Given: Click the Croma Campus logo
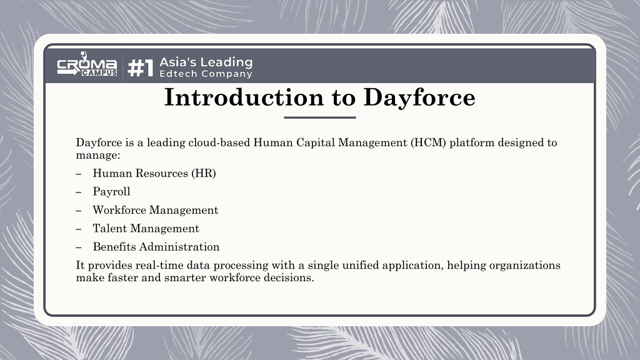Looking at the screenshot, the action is click(87, 64).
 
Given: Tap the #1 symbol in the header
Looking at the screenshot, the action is click(141, 67).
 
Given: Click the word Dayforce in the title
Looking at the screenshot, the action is click(419, 98).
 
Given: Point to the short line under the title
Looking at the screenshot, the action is click(320, 117).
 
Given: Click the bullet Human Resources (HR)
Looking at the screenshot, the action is click(154, 174).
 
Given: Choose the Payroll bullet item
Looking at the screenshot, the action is click(111, 192).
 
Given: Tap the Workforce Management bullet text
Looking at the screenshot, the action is click(156, 210).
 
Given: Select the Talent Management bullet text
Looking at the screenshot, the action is click(146, 228).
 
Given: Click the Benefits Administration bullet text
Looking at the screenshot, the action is click(156, 246).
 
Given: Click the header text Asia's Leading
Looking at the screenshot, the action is click(206, 62).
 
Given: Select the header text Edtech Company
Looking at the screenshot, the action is click(206, 74).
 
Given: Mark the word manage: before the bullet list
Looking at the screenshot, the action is click(98, 156).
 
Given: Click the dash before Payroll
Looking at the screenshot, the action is click(79, 192).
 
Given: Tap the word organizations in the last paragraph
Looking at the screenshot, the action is click(524, 266).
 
